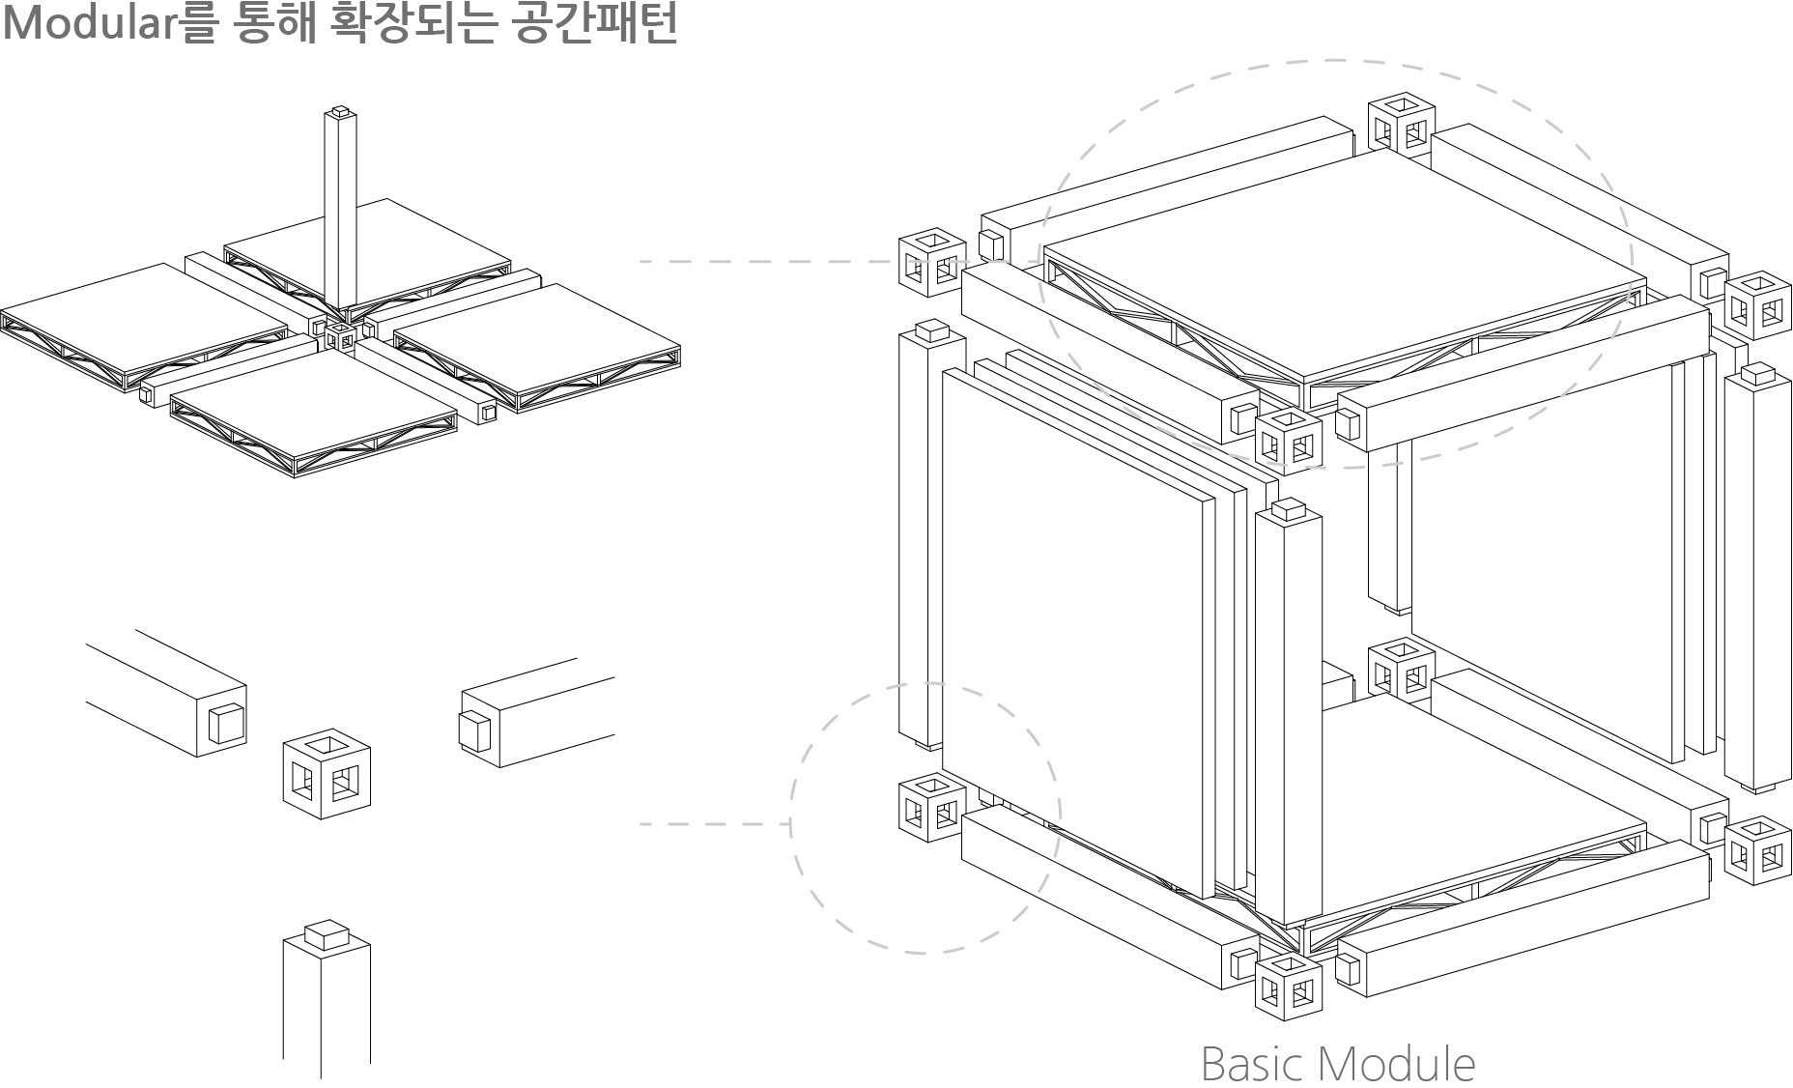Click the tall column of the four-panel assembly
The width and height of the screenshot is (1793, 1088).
tap(340, 213)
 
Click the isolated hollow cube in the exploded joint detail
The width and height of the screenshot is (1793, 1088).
tap(327, 773)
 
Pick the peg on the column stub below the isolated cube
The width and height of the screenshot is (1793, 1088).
tap(326, 933)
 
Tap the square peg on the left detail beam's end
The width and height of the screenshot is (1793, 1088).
tap(226, 724)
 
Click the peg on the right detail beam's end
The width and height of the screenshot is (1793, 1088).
tap(473, 731)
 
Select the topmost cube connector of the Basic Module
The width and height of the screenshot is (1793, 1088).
tap(1401, 123)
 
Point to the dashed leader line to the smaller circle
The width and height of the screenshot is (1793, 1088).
tap(715, 824)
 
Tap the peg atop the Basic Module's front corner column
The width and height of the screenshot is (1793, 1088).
tap(1289, 508)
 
